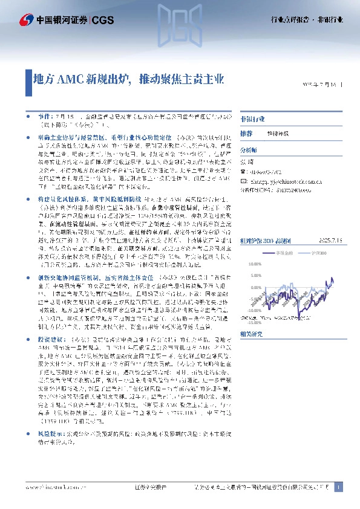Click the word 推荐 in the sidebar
coord(246,133)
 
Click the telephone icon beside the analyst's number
coord(243,171)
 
